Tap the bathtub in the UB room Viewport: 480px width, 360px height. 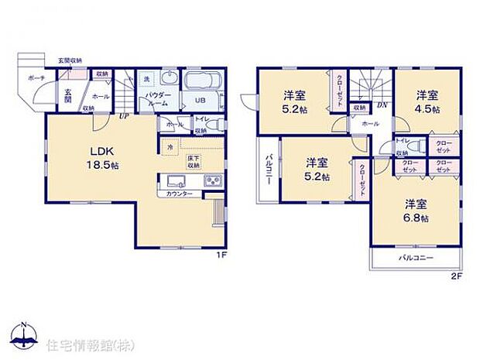click(x=203, y=82)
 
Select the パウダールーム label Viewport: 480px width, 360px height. click(x=159, y=100)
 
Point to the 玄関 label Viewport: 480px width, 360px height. click(x=67, y=94)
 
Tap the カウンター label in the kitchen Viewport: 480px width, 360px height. click(x=180, y=194)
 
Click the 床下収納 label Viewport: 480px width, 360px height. click(x=193, y=162)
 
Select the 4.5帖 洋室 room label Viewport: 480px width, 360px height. click(x=427, y=102)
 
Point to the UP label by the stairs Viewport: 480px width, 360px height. click(x=124, y=117)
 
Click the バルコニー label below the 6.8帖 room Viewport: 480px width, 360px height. click(x=416, y=257)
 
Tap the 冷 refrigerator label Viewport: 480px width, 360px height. click(x=170, y=146)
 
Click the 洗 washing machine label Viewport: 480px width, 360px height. click(x=146, y=80)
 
